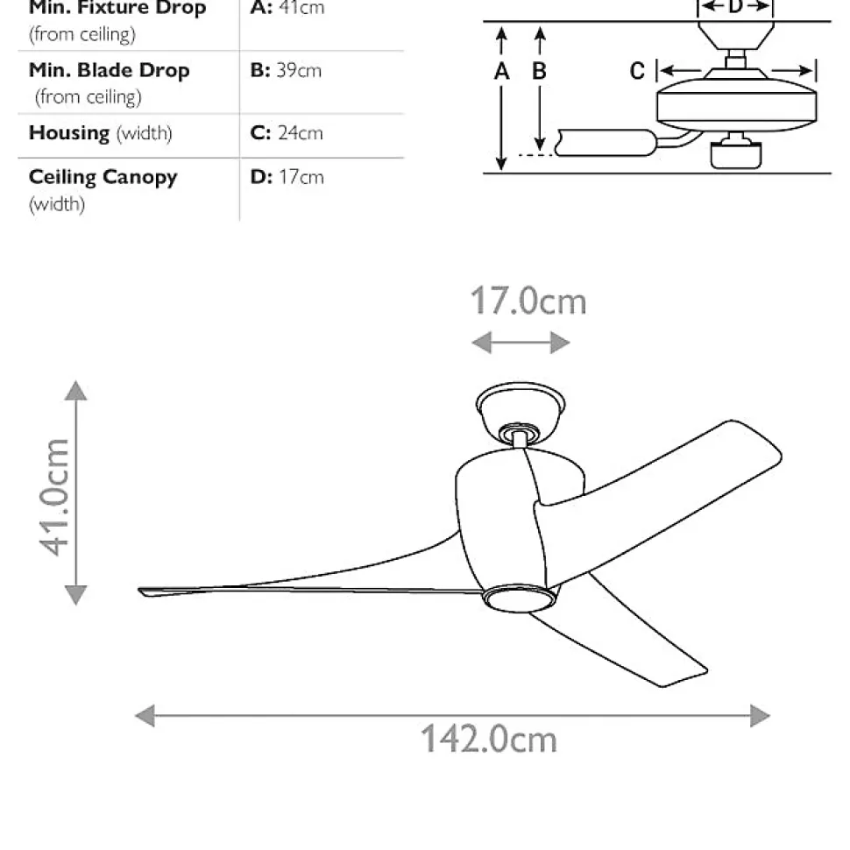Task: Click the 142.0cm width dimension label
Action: coord(489,739)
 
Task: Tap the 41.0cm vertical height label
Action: coord(54,497)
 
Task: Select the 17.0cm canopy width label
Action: coord(528,301)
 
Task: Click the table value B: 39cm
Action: coord(286,70)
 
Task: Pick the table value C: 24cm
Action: coord(287,133)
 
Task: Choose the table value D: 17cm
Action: coord(287,177)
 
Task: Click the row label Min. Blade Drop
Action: coord(109,70)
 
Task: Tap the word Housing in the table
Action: coord(69,133)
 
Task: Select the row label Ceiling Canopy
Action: coord(103,178)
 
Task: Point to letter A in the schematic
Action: coord(501,72)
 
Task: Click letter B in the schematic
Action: coord(539,72)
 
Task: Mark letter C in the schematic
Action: coord(638,72)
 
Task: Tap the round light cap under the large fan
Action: coord(519,598)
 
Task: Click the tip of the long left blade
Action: coord(140,591)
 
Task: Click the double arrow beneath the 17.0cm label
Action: coord(521,343)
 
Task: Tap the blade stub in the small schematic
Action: coord(606,143)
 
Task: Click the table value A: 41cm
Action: coord(287,8)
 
